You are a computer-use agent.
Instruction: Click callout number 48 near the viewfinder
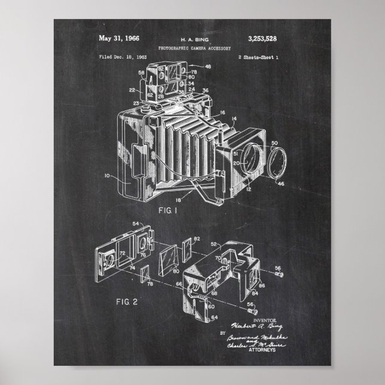[x=207, y=67]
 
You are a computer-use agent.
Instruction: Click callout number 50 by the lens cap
[x=274, y=143]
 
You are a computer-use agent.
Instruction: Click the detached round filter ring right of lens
[x=276, y=165]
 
